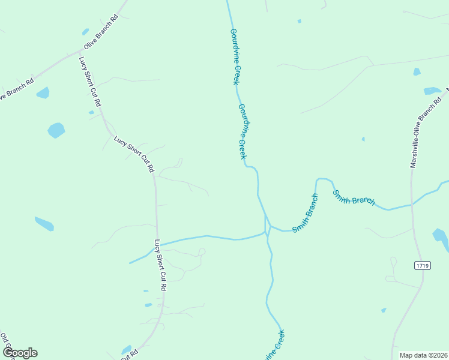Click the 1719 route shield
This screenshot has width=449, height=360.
point(422,265)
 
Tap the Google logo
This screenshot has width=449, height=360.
point(20,353)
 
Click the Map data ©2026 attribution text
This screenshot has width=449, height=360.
point(423,355)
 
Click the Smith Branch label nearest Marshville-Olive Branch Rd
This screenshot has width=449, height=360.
point(354,197)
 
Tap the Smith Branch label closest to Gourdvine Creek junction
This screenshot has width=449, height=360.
point(305,213)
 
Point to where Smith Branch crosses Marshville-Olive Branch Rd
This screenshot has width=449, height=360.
point(412,205)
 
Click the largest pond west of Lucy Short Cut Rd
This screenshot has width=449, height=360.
point(56,130)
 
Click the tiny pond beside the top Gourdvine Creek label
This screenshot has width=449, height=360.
point(299,21)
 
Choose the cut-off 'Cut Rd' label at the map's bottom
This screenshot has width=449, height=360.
point(129,355)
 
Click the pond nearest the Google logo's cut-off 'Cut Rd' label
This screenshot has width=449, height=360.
point(126,349)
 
